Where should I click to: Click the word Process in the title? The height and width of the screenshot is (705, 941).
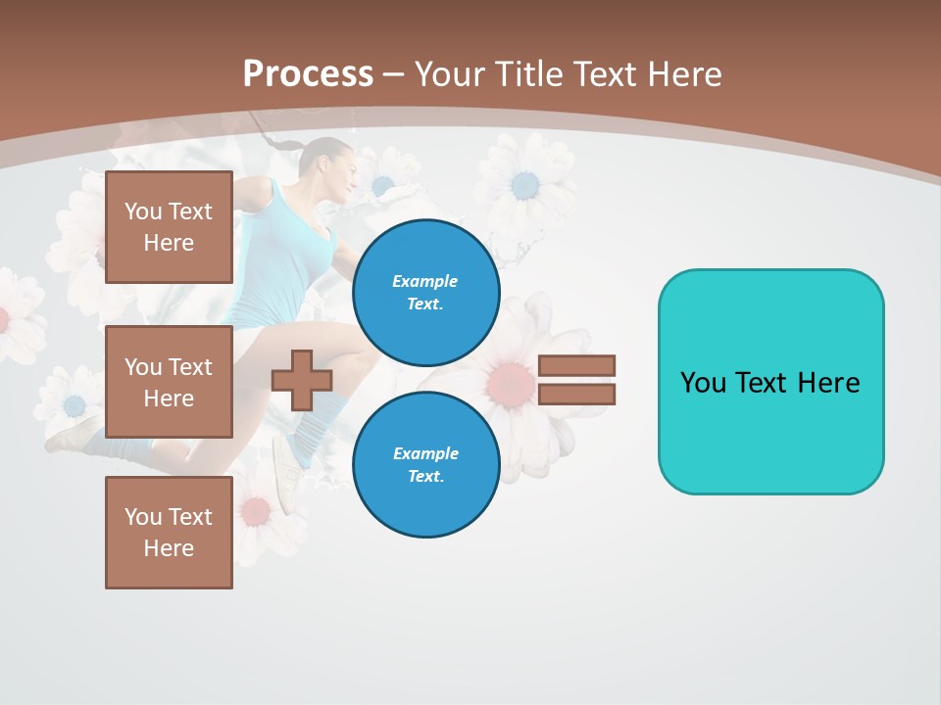coord(308,73)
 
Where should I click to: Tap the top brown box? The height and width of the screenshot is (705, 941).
coord(169,227)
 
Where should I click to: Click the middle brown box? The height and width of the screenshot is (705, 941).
coord(169,382)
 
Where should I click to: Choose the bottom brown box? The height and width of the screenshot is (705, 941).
coord(169,533)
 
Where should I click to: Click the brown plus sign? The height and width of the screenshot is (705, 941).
coord(302,380)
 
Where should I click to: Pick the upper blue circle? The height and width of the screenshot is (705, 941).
coord(425,293)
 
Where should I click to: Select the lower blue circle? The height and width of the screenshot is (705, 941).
coord(425,465)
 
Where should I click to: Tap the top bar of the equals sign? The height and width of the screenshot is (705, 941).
coord(576,365)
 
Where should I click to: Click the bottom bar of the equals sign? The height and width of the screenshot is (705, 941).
coord(576,394)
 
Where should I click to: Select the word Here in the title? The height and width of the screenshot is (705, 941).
coord(685,74)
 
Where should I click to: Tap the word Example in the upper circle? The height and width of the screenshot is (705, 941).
coord(424,281)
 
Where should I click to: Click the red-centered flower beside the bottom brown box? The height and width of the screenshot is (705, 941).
coord(256,510)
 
